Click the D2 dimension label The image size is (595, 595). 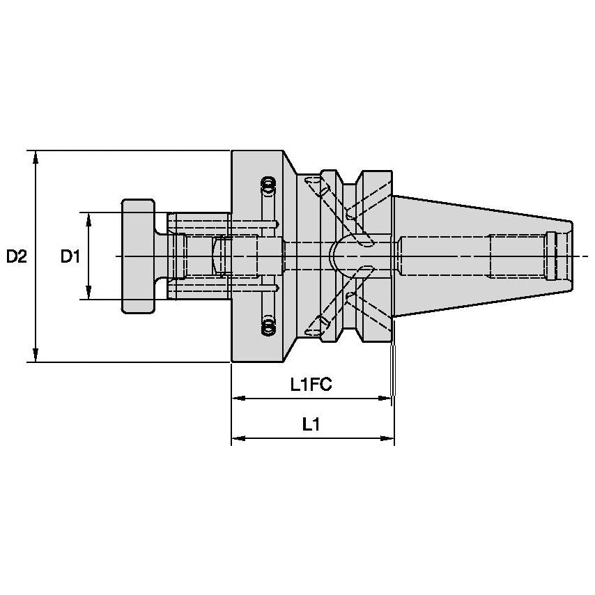tap(16, 257)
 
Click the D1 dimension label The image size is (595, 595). tap(70, 257)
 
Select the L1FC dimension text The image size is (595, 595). tap(311, 385)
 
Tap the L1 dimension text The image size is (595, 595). tap(311, 424)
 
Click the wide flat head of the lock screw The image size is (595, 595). tap(137, 256)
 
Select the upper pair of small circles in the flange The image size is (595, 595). tap(268, 186)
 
